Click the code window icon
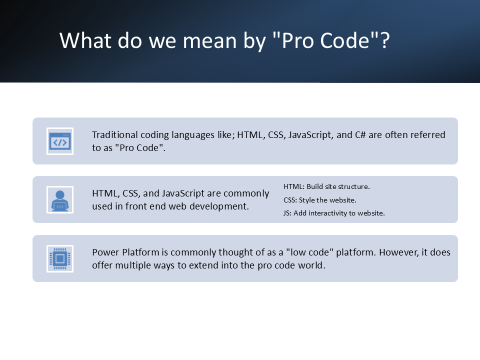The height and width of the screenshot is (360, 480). coord(60,141)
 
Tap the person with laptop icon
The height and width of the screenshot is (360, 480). coord(60,200)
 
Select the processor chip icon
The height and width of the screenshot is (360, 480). coord(60,258)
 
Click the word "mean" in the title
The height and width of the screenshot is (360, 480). coord(209,40)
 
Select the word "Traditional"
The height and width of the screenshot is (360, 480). coord(115,134)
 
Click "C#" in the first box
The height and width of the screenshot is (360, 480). coord(360,134)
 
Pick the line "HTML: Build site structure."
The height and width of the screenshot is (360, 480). coord(326,186)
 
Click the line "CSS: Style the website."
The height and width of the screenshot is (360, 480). coord(320,200)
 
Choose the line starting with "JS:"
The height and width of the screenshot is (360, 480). coord(334,213)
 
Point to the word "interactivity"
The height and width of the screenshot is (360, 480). coord(327,213)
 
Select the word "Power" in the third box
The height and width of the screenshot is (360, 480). coord(106,252)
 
